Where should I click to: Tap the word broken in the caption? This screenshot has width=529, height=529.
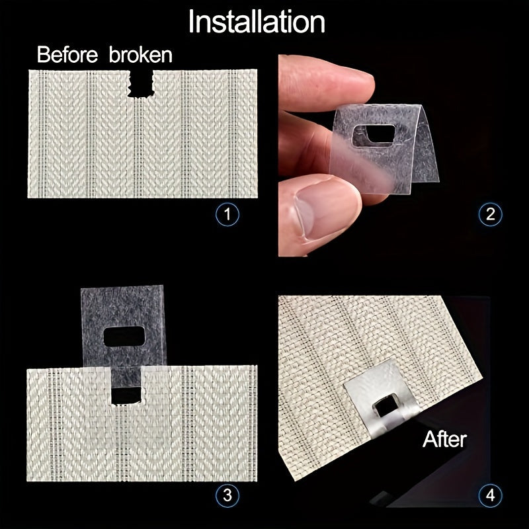(x=142, y=54)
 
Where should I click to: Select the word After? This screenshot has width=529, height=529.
(x=444, y=438)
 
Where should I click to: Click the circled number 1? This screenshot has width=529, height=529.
(x=227, y=214)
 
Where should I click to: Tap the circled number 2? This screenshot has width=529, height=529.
(x=490, y=214)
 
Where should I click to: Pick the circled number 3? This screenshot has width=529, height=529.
(x=227, y=495)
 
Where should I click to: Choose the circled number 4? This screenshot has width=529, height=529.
(x=490, y=495)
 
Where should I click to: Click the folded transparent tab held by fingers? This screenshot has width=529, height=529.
(x=384, y=149)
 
